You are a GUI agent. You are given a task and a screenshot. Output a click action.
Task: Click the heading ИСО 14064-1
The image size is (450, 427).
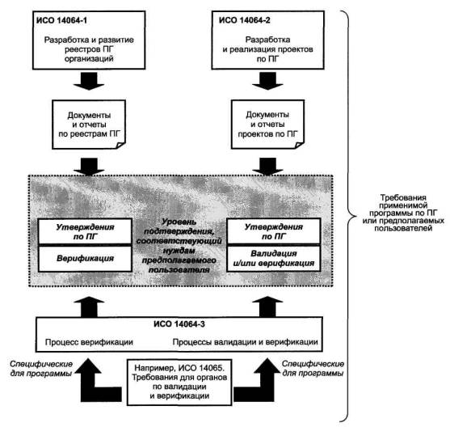point(61,20)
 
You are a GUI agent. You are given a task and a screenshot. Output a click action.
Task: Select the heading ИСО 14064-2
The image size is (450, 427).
point(244,20)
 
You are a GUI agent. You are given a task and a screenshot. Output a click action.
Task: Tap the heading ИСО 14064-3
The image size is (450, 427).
point(179,324)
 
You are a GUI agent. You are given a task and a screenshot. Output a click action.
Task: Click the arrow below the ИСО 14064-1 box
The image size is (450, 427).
point(89,81)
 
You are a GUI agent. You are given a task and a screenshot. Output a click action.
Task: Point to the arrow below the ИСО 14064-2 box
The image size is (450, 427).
point(267,81)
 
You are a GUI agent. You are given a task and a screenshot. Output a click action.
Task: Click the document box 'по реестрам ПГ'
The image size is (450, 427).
point(89,125)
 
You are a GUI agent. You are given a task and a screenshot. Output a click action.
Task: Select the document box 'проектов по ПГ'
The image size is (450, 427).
point(267,125)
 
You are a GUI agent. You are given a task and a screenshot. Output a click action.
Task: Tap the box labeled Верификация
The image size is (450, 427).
point(85,259)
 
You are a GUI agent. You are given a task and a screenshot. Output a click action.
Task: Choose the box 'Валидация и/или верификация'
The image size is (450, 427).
point(274,258)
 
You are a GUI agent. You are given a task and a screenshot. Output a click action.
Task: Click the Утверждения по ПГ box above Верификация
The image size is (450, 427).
point(85,231)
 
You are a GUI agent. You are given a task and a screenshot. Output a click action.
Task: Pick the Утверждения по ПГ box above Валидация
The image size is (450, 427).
point(274,231)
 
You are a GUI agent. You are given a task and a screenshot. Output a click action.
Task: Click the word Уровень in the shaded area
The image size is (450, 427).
point(179,222)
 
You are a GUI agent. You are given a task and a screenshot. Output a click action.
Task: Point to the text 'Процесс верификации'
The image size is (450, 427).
point(89,342)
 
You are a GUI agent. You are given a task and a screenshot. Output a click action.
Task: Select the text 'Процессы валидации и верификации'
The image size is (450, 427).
point(245,342)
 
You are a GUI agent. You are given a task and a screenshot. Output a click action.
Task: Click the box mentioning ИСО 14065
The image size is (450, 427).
point(179,383)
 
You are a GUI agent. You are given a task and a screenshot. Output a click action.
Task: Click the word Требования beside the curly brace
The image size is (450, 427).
point(403,197)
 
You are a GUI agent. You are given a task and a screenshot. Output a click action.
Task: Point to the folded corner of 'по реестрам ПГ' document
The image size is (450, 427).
point(120,145)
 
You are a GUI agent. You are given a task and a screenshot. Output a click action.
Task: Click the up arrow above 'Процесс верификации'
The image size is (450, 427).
point(89,307)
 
